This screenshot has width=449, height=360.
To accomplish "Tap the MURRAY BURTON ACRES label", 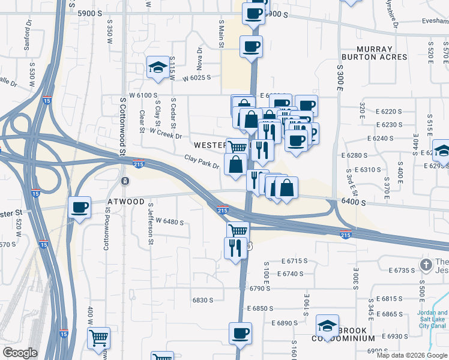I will pos(374,53).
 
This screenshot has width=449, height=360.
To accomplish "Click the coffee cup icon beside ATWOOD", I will pos(79,208).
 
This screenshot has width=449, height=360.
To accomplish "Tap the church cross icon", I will pos(426,264).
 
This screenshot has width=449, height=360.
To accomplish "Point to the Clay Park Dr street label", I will pos(202,161).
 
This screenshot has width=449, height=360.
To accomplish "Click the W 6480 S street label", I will pos(170,222).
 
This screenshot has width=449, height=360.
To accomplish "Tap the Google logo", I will pos(21,353).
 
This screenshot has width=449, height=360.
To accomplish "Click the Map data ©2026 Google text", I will pos(411,355).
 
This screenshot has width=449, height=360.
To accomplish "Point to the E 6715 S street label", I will pos(294,261).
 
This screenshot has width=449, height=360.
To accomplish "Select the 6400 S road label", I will pos(355,203).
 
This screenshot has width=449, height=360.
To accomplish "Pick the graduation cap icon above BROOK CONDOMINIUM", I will pos(327,326).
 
